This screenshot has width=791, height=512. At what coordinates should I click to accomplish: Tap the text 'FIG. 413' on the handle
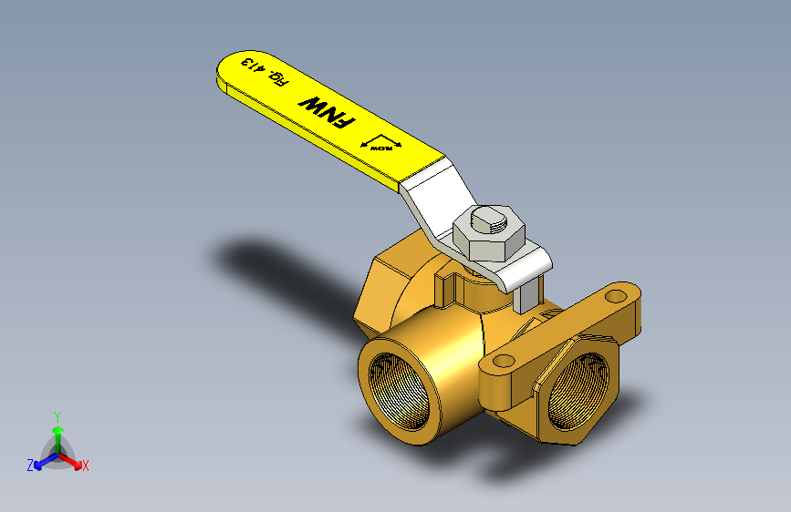click(264, 73)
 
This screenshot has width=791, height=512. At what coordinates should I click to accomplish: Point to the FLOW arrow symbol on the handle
click(381, 144)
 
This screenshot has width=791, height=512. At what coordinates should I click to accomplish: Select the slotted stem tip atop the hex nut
click(490, 219)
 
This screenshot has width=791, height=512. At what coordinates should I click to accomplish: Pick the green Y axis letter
click(57, 415)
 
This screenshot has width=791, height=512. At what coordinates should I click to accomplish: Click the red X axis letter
click(86, 466)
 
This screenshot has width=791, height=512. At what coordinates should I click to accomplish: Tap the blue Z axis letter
click(29, 466)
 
